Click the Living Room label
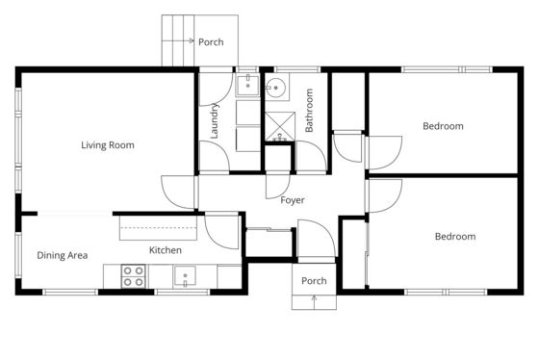click(x=108, y=145)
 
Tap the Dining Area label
click(x=63, y=255)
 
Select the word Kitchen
click(x=166, y=250)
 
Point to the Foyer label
click(x=293, y=200)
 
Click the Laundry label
click(x=214, y=121)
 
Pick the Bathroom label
click(x=309, y=111)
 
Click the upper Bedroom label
click(x=443, y=126)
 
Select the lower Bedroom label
click(x=455, y=237)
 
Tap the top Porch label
click(x=211, y=42)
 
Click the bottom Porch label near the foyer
click(x=314, y=281)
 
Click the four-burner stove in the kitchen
click(x=133, y=276)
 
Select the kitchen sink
click(x=185, y=275)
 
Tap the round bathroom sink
click(x=275, y=88)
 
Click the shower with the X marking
click(x=280, y=126)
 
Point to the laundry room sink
click(x=247, y=85)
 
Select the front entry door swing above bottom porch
click(x=317, y=238)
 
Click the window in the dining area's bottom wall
click(x=70, y=293)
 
